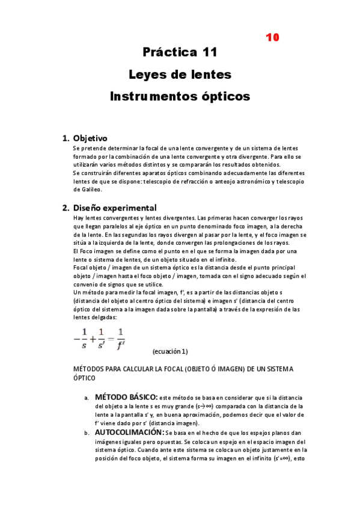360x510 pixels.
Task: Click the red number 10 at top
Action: [x=272, y=37]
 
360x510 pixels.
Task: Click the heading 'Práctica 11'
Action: [x=180, y=52]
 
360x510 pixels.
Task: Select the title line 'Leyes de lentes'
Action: [x=180, y=75]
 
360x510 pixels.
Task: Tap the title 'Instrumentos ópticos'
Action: [x=180, y=96]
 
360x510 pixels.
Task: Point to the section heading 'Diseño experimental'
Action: [x=114, y=207]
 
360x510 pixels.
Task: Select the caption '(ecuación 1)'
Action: [x=170, y=351]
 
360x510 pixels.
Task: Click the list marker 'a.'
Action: [x=87, y=398]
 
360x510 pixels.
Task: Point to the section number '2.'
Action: [x=66, y=208]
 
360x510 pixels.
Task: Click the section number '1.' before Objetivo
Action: [x=66, y=138]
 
